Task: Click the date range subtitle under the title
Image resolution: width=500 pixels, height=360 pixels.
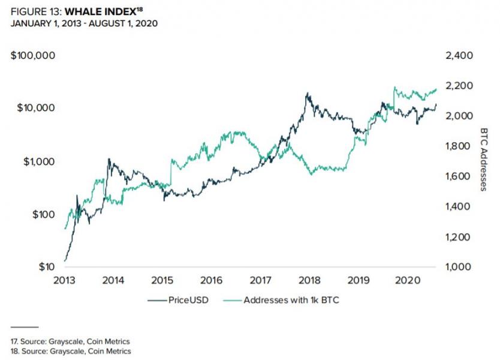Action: [85, 23]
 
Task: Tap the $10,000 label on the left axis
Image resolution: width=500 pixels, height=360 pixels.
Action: [35, 108]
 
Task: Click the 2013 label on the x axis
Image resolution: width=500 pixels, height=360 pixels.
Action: [65, 281]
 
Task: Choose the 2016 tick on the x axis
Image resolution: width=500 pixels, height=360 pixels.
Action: [212, 281]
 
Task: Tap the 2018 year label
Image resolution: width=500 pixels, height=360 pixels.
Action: [310, 281]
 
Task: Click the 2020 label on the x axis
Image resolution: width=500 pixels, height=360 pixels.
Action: [408, 281]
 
